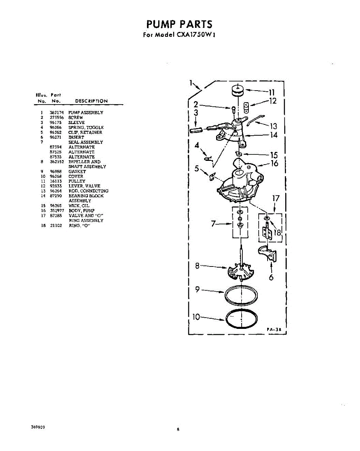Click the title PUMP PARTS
pyautogui.click(x=179, y=24)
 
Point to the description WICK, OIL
pyautogui.click(x=79, y=206)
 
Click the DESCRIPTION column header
pyautogui.click(x=91, y=101)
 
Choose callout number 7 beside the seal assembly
pyautogui.click(x=214, y=224)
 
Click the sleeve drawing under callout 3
pyautogui.click(x=196, y=130)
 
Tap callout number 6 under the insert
pyautogui.click(x=271, y=278)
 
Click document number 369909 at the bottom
pyautogui.click(x=38, y=428)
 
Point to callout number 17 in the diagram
pyautogui.click(x=276, y=198)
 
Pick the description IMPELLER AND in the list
pyautogui.click(x=84, y=162)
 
